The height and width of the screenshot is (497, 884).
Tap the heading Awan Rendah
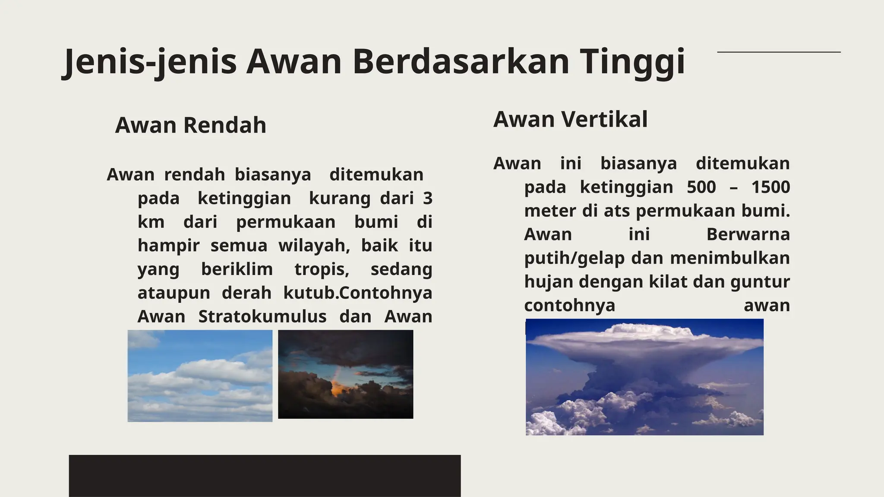point(190,126)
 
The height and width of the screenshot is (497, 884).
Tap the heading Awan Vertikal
point(570,120)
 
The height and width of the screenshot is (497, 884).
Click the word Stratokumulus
point(262,317)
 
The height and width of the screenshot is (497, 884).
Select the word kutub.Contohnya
point(358,293)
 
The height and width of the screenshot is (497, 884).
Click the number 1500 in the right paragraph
point(770,187)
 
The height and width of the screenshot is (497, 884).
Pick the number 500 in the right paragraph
point(701,187)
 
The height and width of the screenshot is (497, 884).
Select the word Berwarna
point(748,235)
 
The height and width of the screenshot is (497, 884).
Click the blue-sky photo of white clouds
point(200,376)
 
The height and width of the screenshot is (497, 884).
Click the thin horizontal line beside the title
point(779,52)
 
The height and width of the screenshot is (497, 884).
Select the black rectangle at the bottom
point(265,475)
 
